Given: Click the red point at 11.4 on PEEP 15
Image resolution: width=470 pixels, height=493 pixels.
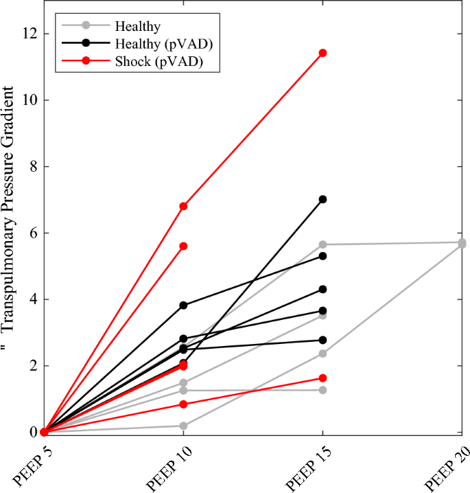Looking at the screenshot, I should click(x=322, y=53).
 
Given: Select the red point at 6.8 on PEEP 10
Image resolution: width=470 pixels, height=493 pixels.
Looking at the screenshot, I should click(x=183, y=206).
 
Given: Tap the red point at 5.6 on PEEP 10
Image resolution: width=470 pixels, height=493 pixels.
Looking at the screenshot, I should click(x=183, y=246).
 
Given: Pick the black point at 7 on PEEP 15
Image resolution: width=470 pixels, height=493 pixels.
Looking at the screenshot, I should click(x=322, y=199).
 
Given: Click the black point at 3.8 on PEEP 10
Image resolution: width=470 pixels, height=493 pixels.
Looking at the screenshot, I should click(x=183, y=305).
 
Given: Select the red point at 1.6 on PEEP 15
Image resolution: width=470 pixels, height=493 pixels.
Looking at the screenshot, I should click(x=322, y=378).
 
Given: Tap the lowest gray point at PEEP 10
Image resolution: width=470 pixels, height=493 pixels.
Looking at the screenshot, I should click(x=183, y=426).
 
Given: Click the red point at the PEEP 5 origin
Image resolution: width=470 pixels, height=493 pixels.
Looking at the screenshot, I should click(x=44, y=432).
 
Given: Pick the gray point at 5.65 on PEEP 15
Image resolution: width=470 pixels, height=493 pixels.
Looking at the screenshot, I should click(x=322, y=244).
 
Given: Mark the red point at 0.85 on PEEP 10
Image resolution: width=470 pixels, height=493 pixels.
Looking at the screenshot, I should click(x=183, y=404).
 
